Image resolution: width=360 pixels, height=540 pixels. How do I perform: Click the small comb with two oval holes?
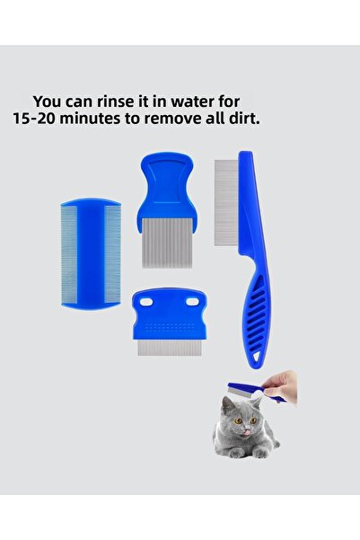(x=169, y=321)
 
